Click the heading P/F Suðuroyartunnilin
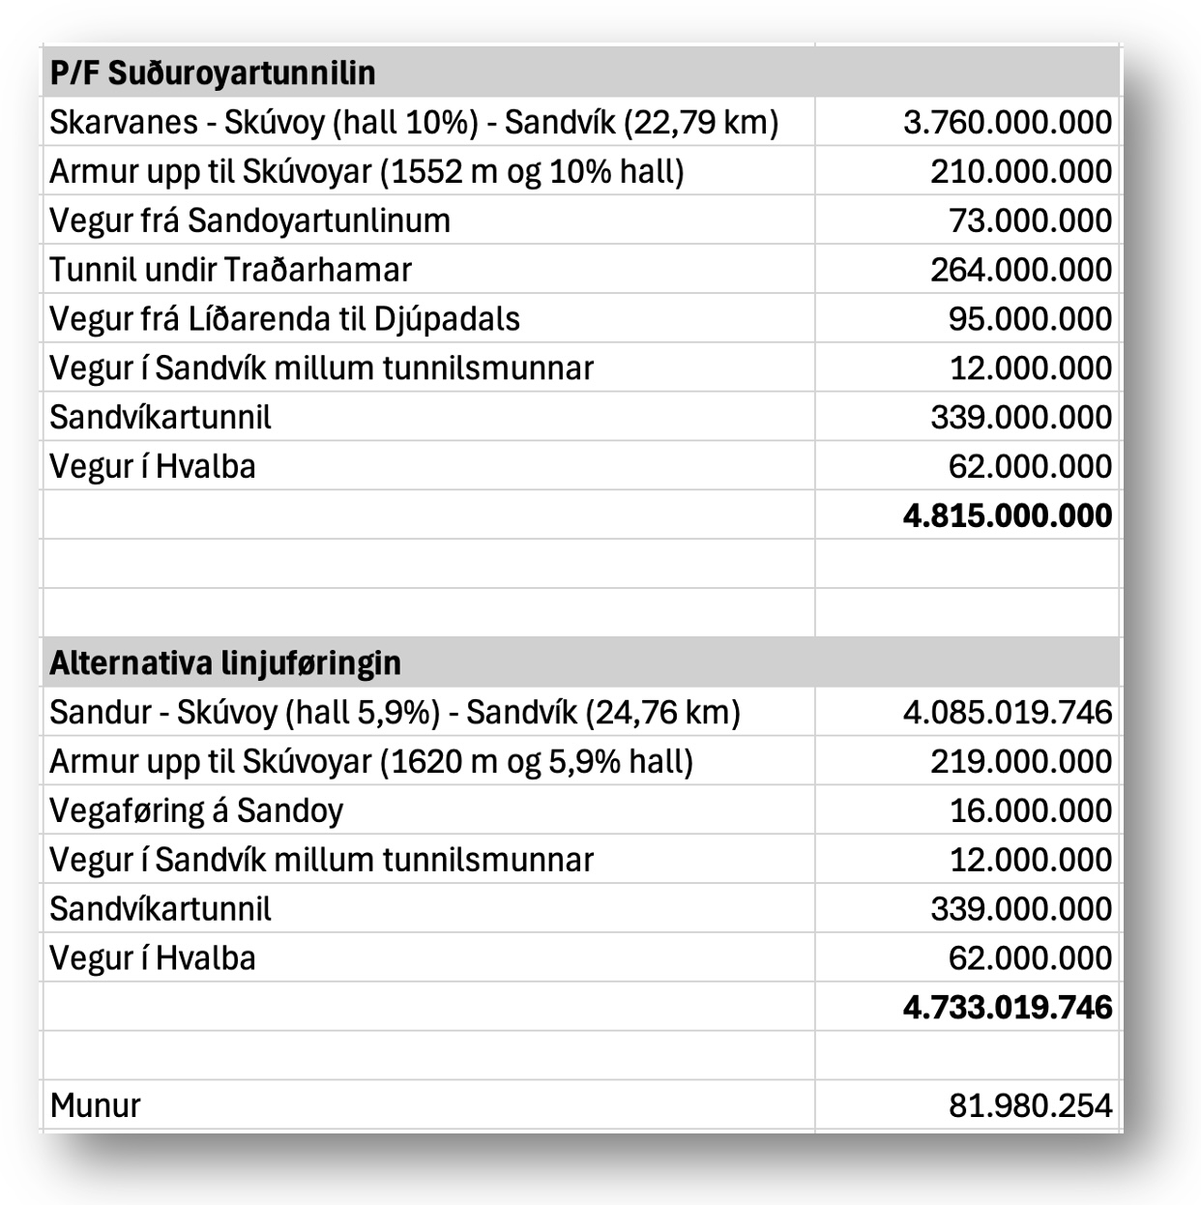[213, 73]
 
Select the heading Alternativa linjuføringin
[224, 663]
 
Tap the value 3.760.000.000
[1007, 123]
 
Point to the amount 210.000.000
[1020, 172]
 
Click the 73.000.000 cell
[1030, 221]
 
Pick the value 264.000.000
[1020, 270]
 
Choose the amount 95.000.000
[1030, 319]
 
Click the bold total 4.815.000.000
[1007, 515]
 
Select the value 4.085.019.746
[1007, 713]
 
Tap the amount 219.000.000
[1020, 762]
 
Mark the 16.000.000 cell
[1030, 810]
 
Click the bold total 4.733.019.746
[1007, 1008]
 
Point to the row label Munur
[95, 1105]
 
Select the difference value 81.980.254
[1030, 1105]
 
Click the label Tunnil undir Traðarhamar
[230, 270]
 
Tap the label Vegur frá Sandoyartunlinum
[249, 221]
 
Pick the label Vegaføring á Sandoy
[196, 810]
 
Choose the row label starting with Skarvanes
[414, 123]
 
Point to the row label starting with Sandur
[395, 713]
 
